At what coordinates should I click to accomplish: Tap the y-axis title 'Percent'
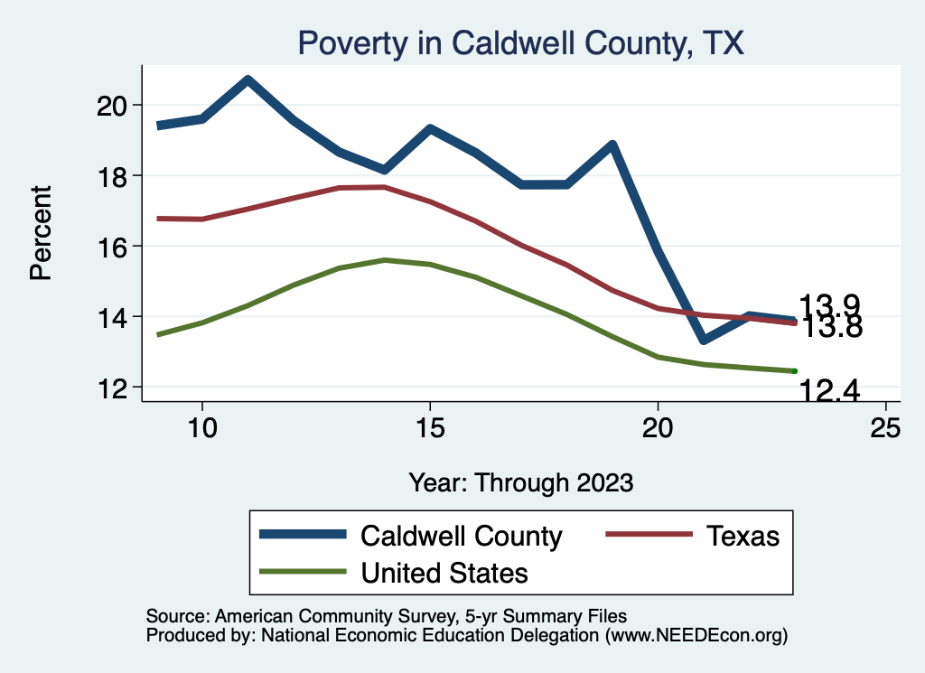(41, 233)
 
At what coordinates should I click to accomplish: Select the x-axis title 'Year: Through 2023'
(520, 481)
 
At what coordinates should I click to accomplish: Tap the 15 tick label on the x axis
(430, 429)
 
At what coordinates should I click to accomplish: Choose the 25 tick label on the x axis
(885, 429)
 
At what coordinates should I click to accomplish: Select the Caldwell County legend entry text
(461, 536)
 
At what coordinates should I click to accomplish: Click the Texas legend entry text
(743, 536)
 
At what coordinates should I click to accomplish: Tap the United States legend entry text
(444, 573)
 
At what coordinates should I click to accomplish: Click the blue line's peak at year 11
(248, 80)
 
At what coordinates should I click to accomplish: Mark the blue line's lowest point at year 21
(703, 340)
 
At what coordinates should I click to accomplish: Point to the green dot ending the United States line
(794, 370)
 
